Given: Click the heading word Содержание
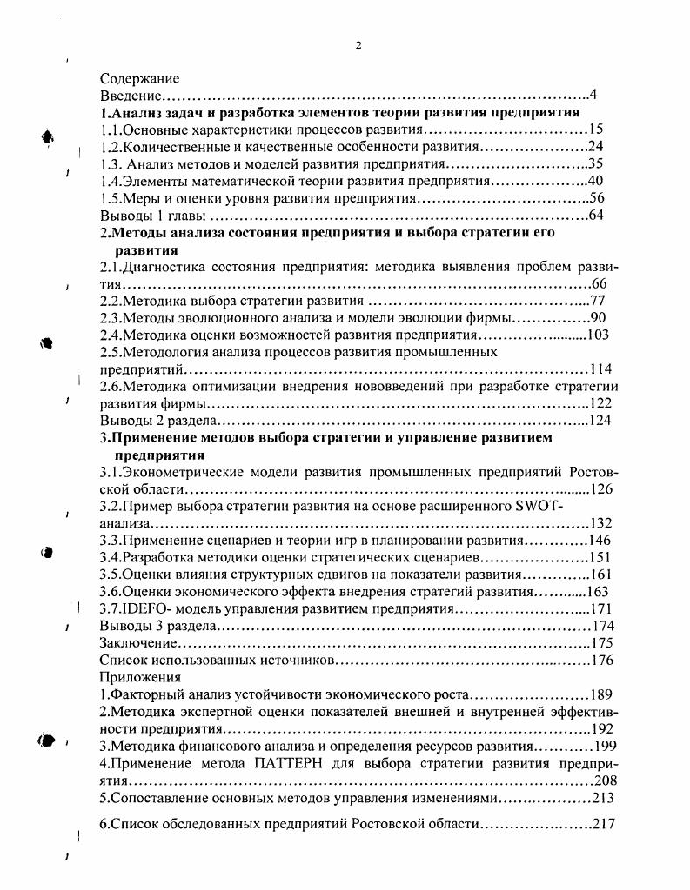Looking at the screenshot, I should (139, 78).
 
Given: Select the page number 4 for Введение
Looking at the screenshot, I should (592, 95).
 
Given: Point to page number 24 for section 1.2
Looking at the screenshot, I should (595, 146).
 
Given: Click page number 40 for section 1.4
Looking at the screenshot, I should (595, 181).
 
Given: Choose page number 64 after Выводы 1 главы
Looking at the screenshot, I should (595, 215).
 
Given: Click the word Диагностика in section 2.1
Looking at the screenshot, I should (164, 267).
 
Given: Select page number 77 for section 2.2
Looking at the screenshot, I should (597, 301).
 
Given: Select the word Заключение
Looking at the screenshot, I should (138, 642).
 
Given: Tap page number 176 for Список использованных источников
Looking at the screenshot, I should (602, 661).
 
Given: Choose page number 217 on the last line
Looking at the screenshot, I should (603, 823).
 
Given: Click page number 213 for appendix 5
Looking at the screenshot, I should (603, 798).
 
